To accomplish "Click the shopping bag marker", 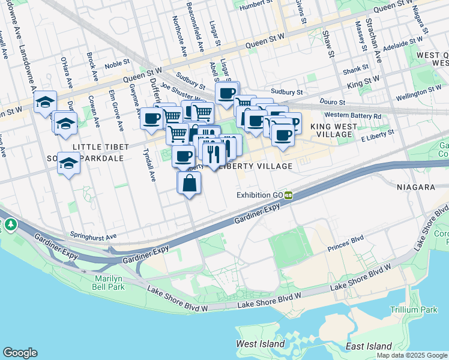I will (189, 183).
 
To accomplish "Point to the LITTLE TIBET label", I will (100, 147).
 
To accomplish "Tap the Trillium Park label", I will (414, 310).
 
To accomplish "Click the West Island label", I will (261, 344).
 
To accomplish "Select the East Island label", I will (369, 347).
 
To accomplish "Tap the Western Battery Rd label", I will (352, 115).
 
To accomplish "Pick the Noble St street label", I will (117, 63).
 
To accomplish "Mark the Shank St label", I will (355, 71).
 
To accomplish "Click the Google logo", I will (20, 353).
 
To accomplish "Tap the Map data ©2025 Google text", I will (411, 355).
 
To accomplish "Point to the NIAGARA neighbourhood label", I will (415, 187).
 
